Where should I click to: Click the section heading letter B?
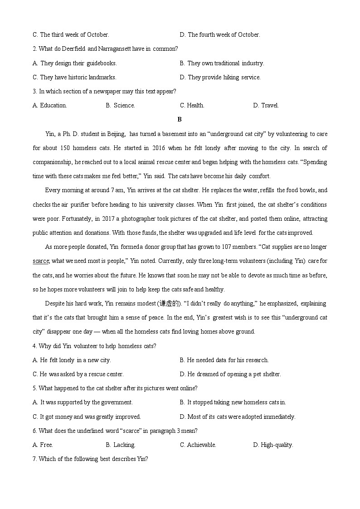pyautogui.click(x=180, y=120)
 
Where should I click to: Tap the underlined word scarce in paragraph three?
pyautogui.click(x=40, y=261)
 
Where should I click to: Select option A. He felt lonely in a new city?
pyautogui.click(x=72, y=360)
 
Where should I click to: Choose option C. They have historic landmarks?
pyautogui.click(x=74, y=78)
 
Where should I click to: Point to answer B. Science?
pyautogui.click(x=120, y=106)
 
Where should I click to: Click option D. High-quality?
pyautogui.click(x=273, y=445)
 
